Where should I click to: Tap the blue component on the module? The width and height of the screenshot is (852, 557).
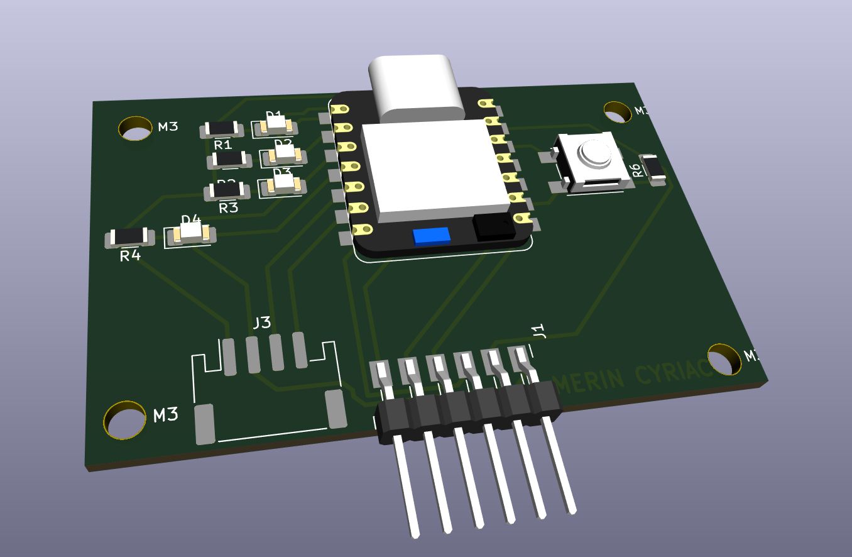point(432,236)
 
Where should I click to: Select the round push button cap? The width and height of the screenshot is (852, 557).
point(594,154)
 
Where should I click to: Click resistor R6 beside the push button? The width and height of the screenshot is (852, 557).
point(653,168)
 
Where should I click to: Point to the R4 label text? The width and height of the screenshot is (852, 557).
point(130,256)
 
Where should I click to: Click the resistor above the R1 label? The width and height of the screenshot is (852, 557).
point(221,130)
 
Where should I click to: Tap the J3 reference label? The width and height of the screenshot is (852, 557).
point(261,323)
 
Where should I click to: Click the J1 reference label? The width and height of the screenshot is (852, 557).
point(538,331)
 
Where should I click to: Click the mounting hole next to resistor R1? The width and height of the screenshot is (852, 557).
point(136,128)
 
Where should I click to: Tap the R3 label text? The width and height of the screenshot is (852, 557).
point(228,207)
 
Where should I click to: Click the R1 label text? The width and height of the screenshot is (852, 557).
point(223,145)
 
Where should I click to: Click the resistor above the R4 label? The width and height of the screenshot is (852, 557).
point(129,237)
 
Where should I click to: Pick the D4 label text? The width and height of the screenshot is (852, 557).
point(191,219)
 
